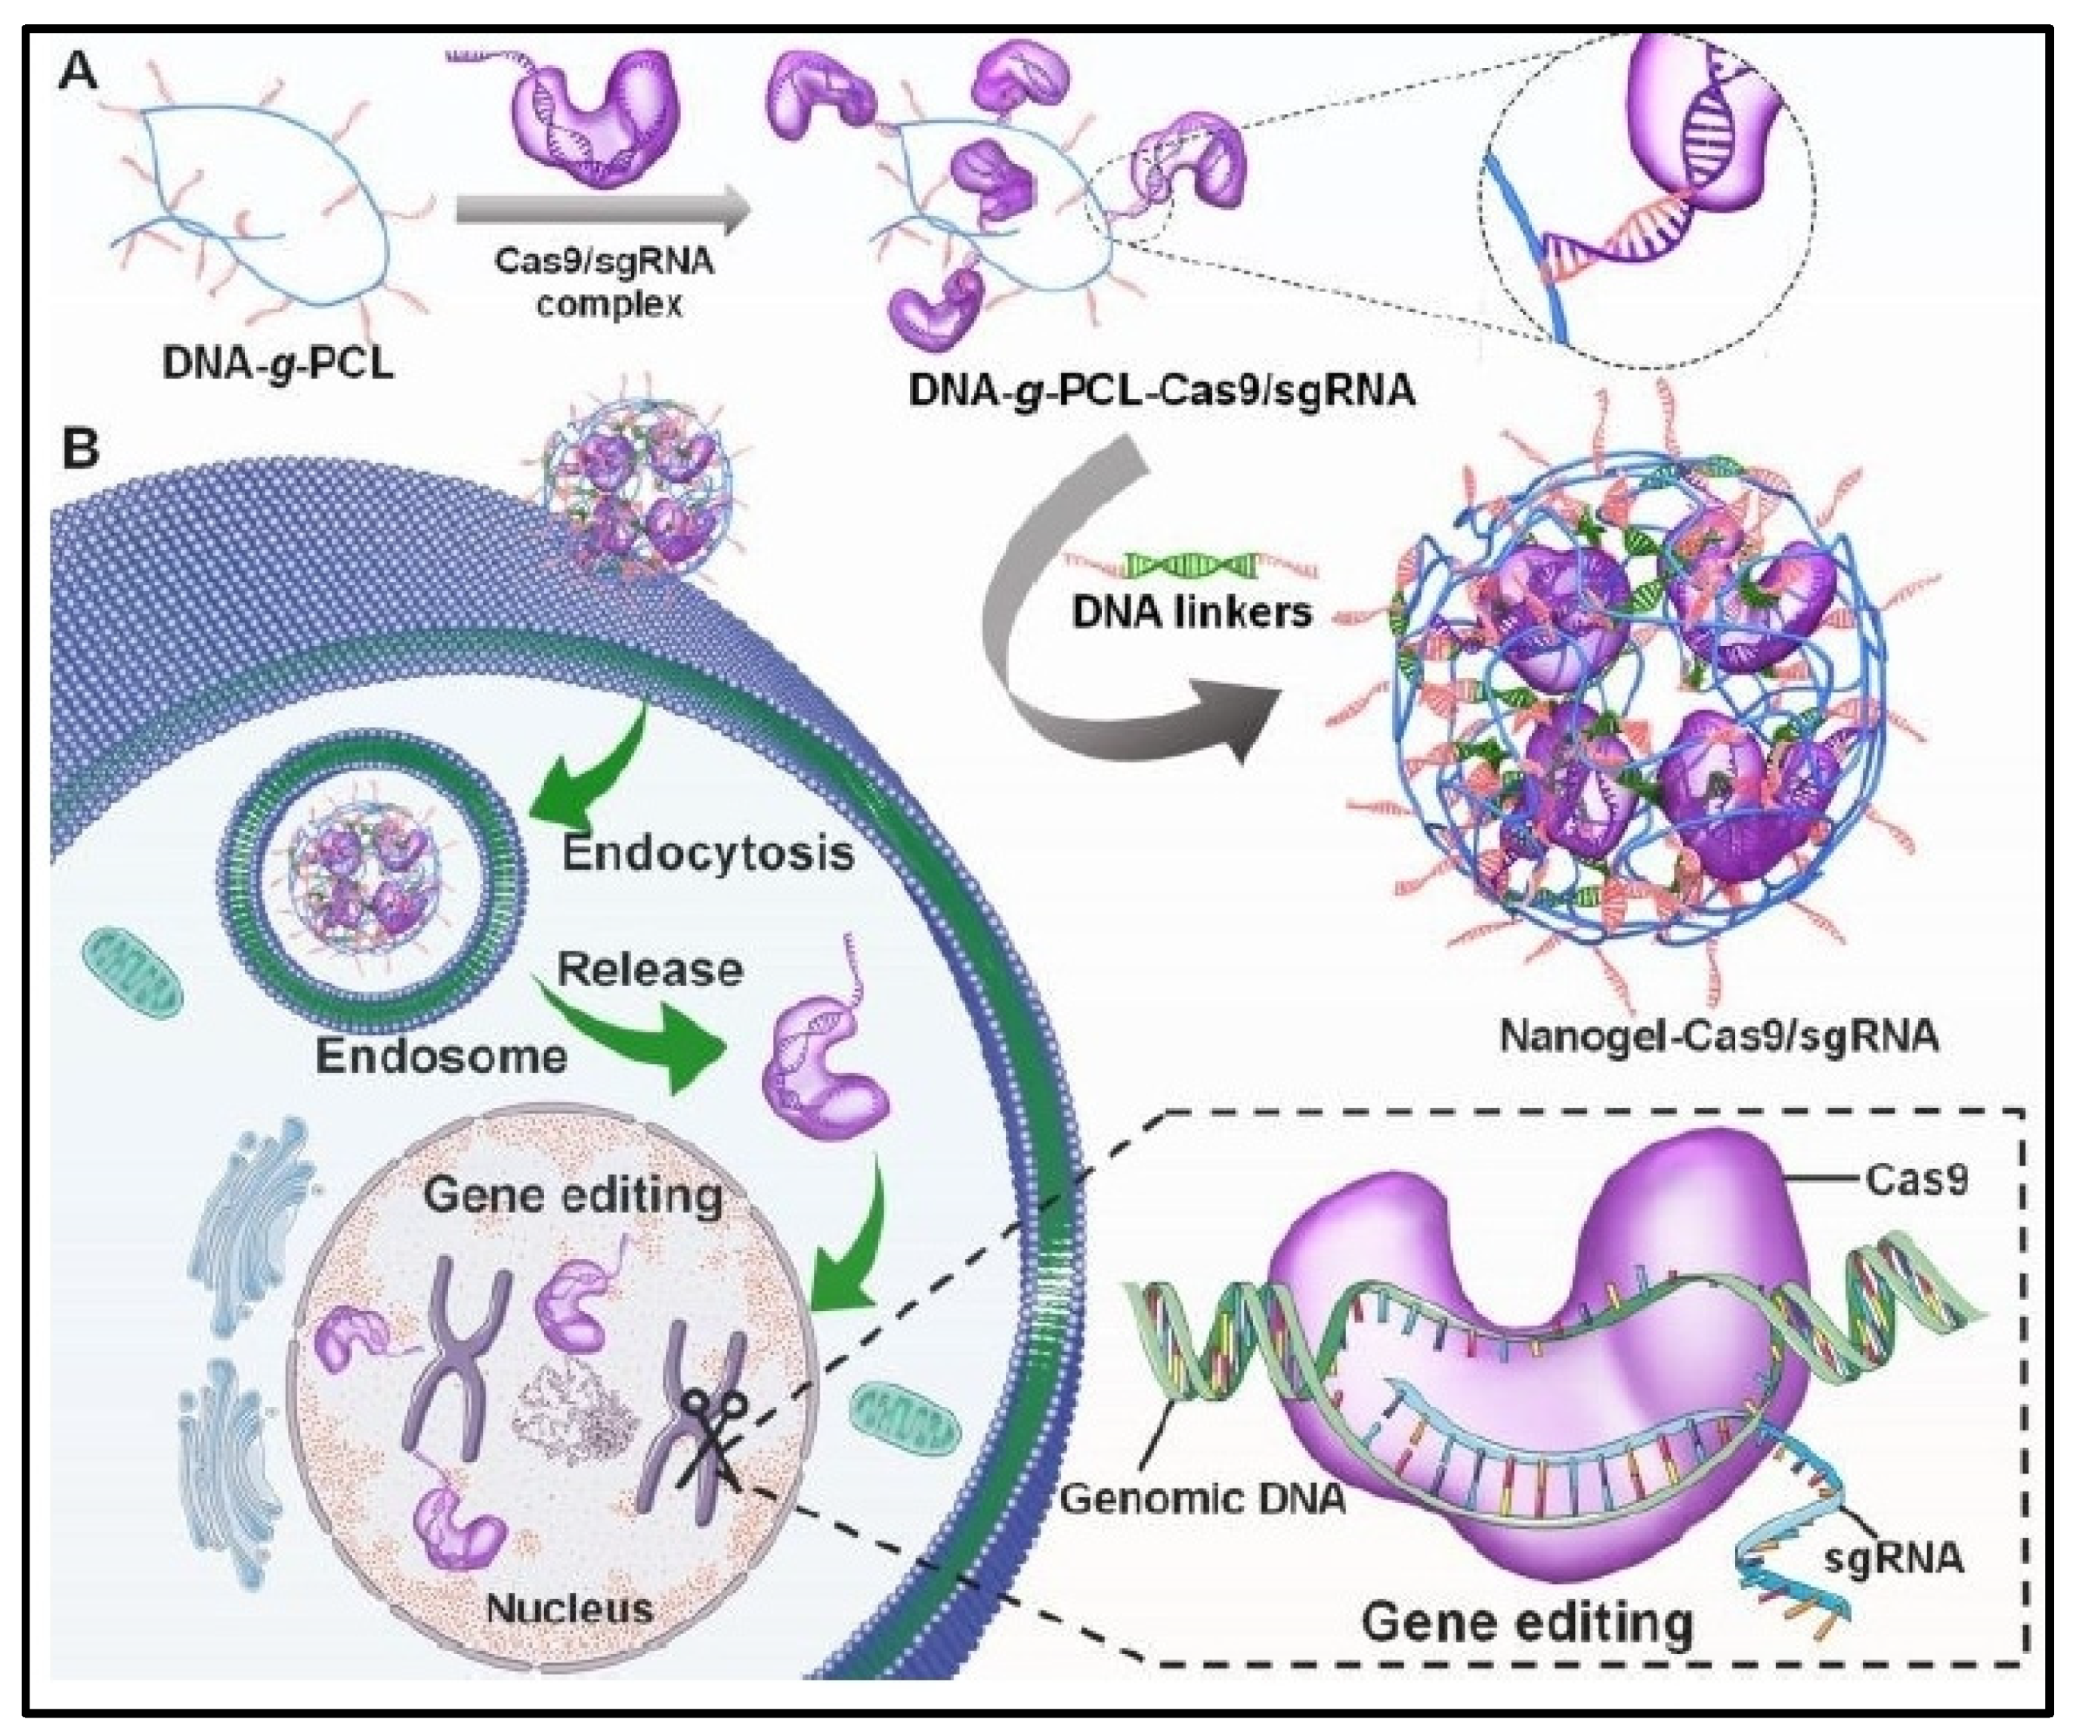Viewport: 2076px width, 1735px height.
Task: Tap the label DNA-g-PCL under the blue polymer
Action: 278,363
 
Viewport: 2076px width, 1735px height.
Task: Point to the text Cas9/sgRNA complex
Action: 604,282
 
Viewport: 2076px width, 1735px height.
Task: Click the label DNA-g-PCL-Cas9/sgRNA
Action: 1162,391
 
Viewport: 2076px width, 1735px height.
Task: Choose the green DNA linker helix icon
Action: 1191,565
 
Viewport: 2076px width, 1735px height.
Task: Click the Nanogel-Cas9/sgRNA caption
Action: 1719,1036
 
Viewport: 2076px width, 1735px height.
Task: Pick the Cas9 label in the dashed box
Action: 1916,1180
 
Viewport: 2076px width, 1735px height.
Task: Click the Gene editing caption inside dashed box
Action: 1527,1622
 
